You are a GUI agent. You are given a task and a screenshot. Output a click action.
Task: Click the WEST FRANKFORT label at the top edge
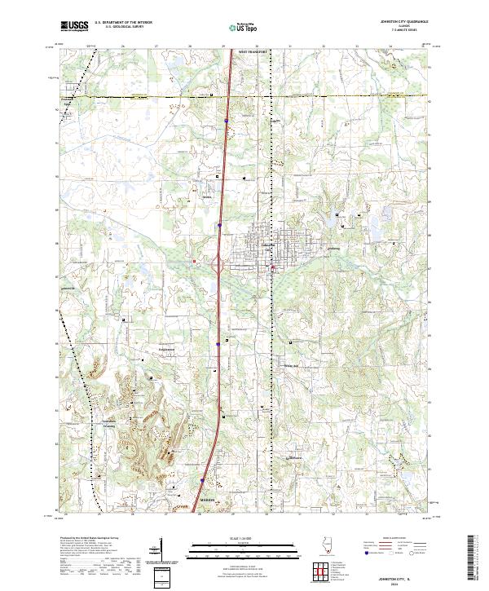pyautogui.click(x=253, y=51)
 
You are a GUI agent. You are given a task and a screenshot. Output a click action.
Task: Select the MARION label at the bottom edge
pyautogui.click(x=206, y=502)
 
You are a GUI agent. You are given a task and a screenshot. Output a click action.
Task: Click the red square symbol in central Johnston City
pyautogui.click(x=272, y=267)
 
